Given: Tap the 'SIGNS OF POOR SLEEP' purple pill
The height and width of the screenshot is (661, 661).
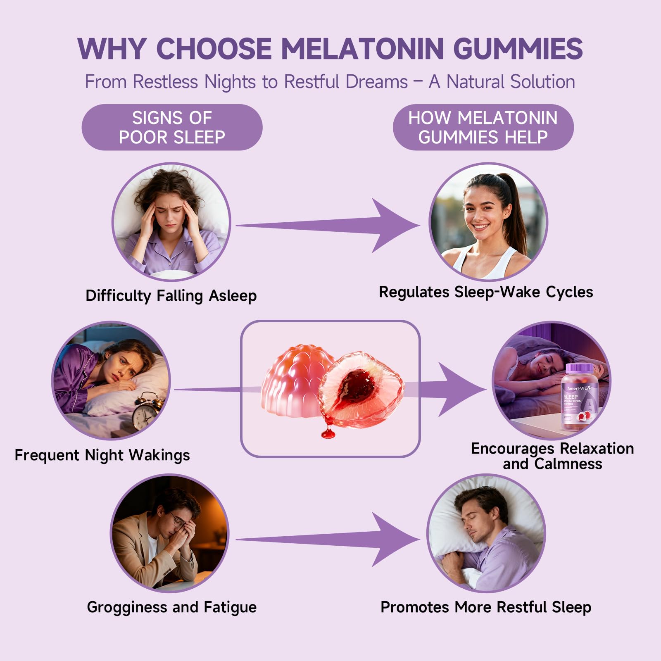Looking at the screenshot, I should [x=172, y=127].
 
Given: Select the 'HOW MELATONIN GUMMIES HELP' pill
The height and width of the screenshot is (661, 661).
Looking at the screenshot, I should [x=483, y=127].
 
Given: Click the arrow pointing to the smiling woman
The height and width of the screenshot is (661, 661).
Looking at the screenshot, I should [x=330, y=226].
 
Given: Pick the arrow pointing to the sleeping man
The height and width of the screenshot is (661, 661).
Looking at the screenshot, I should [x=330, y=539].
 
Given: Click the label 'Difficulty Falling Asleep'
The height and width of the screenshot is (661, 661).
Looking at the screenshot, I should [x=171, y=296].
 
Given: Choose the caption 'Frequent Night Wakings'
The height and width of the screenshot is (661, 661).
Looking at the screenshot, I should [x=102, y=455].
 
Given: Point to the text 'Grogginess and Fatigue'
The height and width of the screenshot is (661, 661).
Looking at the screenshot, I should [x=171, y=607].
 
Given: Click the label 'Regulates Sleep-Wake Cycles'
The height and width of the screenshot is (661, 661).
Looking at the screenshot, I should [x=486, y=292].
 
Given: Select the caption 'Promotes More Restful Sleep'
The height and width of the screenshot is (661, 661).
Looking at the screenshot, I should [x=486, y=607].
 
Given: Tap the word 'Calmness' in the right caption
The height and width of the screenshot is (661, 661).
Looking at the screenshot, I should [x=568, y=464].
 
